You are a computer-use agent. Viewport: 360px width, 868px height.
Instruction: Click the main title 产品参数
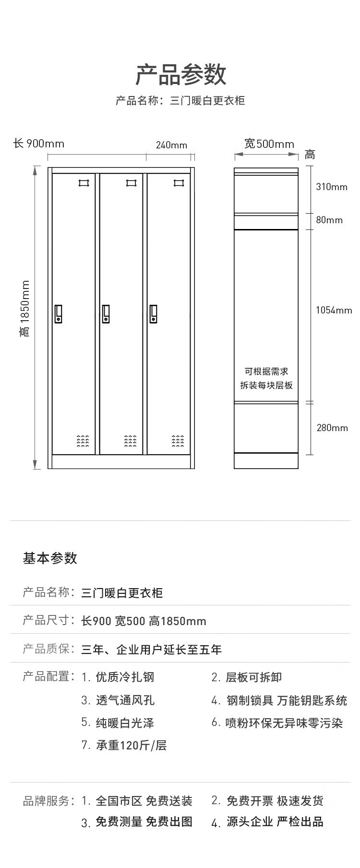(x=180, y=75)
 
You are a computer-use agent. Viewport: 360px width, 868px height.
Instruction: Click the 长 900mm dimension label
(x=38, y=144)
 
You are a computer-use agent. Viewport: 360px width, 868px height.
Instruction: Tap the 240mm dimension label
(x=171, y=145)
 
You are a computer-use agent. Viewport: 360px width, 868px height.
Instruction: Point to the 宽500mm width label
(x=269, y=144)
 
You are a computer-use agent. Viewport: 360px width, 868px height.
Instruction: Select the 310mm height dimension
(x=332, y=187)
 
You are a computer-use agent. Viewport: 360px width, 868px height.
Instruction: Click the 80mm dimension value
(x=329, y=220)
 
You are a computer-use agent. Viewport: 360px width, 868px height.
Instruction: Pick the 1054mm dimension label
(x=334, y=310)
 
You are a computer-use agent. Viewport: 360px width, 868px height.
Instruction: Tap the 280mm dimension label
(x=332, y=428)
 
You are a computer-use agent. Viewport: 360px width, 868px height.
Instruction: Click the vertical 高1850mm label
(x=25, y=309)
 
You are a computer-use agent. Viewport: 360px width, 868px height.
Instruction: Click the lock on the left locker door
(x=59, y=313)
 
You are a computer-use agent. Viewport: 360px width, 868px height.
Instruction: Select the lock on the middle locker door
(x=106, y=313)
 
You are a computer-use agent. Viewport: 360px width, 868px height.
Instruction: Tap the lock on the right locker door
(x=154, y=313)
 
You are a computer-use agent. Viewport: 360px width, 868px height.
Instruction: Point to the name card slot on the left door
(x=84, y=182)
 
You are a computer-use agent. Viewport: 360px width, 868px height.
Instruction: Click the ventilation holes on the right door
(x=178, y=441)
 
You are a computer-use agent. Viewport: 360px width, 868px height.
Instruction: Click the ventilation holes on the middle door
(x=131, y=441)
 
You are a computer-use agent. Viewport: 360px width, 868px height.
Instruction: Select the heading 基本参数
(x=50, y=558)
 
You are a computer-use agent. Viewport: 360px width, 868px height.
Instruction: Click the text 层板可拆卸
(x=253, y=677)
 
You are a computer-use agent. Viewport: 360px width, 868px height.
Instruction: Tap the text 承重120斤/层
(x=131, y=745)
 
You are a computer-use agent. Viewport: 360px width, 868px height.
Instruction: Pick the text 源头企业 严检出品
(x=275, y=822)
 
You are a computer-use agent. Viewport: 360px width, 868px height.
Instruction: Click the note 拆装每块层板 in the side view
(x=266, y=385)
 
